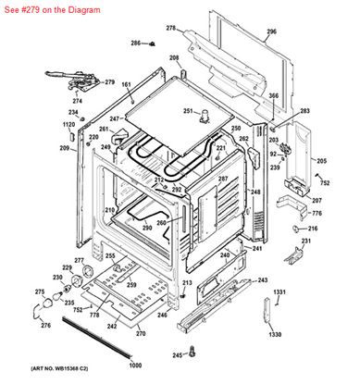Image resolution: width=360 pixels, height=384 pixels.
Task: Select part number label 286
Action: (134, 43)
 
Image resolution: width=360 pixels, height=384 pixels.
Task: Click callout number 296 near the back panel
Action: (271, 31)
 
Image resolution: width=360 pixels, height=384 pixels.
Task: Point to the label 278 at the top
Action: (170, 29)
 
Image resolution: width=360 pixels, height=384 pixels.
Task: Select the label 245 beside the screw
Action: (176, 355)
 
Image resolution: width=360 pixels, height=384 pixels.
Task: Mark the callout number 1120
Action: (68, 124)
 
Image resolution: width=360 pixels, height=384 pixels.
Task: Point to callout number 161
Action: (127, 85)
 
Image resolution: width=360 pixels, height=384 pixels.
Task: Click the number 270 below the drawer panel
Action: (141, 332)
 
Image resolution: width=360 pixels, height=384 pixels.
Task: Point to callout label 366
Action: (274, 95)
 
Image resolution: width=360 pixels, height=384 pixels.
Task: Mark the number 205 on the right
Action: (321, 161)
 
